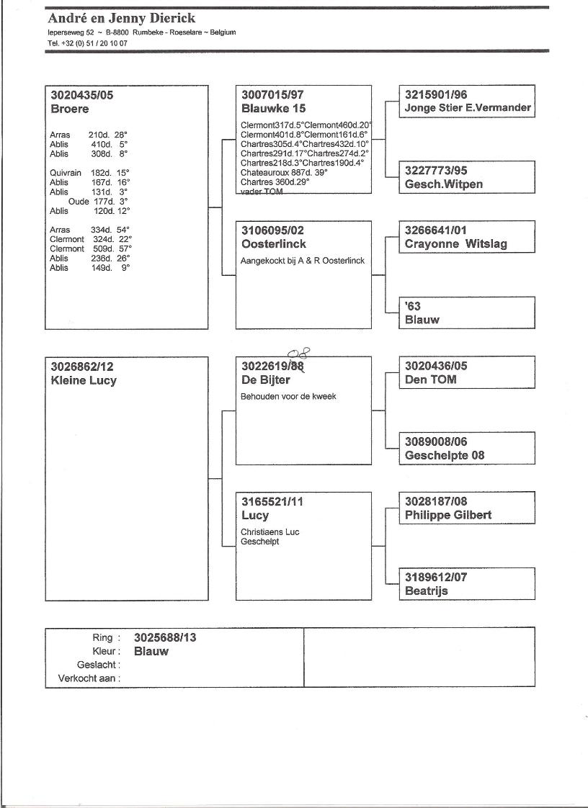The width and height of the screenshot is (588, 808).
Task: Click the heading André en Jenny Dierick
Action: (x=121, y=18)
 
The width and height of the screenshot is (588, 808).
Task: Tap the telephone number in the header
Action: (x=89, y=43)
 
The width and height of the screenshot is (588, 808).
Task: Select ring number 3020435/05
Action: (x=82, y=95)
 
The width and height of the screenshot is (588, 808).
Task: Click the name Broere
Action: (x=70, y=109)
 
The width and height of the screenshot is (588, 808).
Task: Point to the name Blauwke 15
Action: (x=273, y=109)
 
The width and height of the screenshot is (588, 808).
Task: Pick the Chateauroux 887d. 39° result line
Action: (x=284, y=174)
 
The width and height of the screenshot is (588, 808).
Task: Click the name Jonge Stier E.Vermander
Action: (x=468, y=109)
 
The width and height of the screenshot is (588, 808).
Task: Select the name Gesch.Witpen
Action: (x=444, y=184)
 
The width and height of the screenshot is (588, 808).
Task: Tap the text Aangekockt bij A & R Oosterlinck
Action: (x=303, y=261)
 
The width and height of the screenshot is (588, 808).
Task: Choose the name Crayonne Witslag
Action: (x=455, y=244)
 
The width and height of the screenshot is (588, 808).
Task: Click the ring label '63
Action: (x=413, y=307)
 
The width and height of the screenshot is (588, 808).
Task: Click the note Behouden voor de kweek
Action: (x=288, y=397)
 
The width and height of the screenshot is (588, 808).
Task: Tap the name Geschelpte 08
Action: (x=445, y=456)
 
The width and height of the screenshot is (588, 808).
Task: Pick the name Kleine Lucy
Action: (x=84, y=381)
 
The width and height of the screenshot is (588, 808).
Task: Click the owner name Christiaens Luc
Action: (x=270, y=532)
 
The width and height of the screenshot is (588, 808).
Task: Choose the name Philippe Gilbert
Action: (x=448, y=516)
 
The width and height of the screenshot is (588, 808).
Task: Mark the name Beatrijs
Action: (x=427, y=591)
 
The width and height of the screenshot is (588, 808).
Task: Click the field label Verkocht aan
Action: (x=89, y=678)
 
